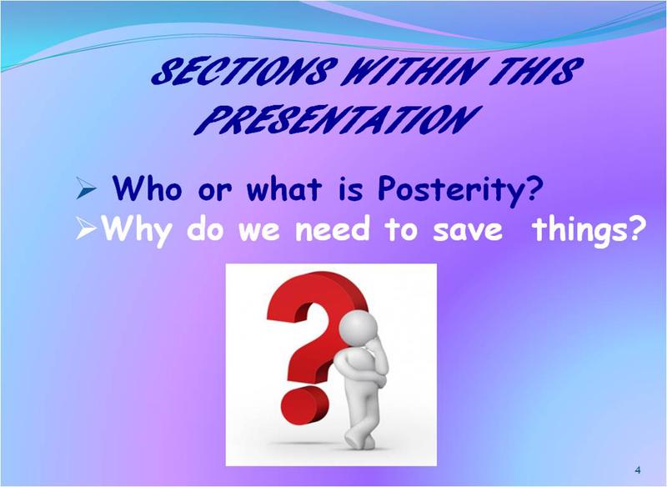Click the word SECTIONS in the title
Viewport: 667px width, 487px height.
(x=244, y=71)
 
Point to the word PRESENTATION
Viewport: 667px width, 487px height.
(x=338, y=120)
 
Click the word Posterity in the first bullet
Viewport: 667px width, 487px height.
(x=461, y=189)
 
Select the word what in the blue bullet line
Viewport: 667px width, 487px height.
(x=283, y=188)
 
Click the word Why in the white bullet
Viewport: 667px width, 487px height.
(x=137, y=230)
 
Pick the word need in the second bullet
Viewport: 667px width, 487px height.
(x=333, y=228)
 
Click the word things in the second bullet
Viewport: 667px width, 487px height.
(x=586, y=230)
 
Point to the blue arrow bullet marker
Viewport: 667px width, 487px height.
(x=87, y=188)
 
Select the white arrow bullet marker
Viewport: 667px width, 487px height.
(x=88, y=228)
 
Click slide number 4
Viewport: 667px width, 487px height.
(x=637, y=470)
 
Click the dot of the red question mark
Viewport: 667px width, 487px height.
(x=304, y=405)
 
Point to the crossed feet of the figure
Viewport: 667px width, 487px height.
(x=360, y=438)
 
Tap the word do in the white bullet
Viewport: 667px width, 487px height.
(x=205, y=228)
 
